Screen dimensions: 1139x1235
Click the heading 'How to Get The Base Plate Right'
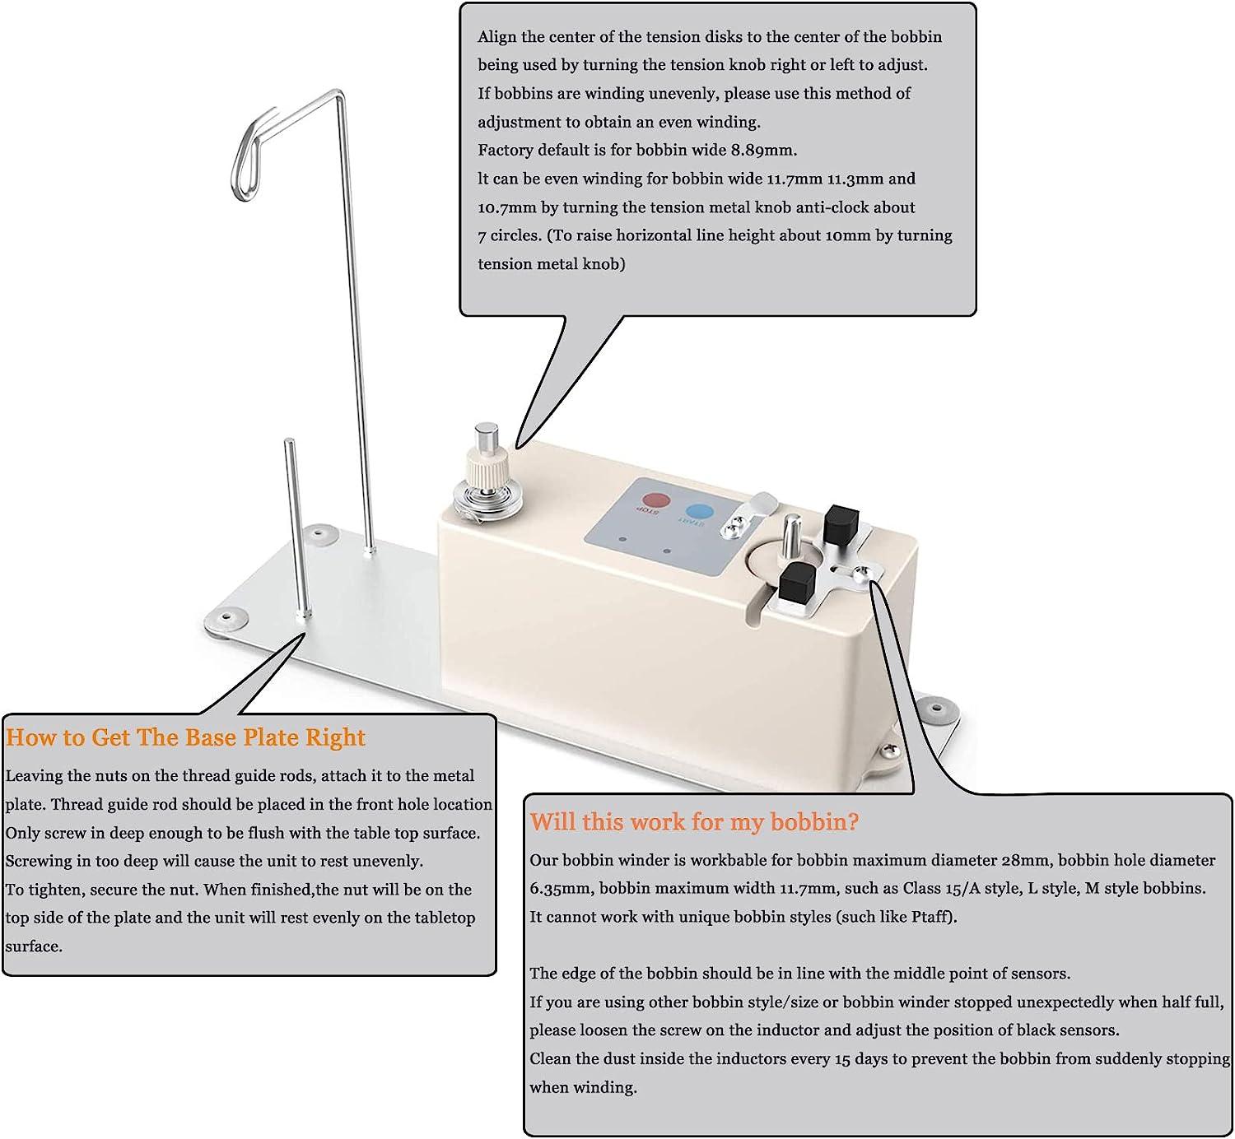(x=185, y=737)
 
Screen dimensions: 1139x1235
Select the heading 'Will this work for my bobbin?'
(x=694, y=821)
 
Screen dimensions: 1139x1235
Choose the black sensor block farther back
(x=841, y=522)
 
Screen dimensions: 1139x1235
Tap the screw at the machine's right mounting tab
(x=891, y=749)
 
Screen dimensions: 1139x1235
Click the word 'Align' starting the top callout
(x=496, y=36)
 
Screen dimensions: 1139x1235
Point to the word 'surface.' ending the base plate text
(x=34, y=946)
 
